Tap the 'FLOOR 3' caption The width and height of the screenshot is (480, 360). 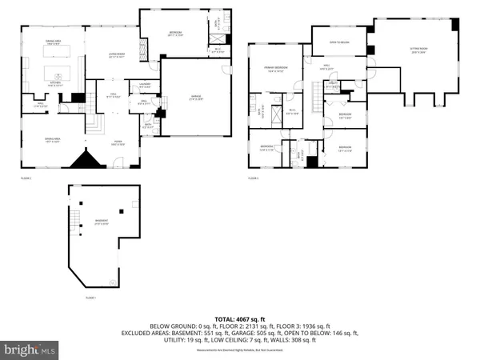[x=254, y=178]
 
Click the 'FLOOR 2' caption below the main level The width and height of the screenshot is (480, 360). [x=26, y=178]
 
